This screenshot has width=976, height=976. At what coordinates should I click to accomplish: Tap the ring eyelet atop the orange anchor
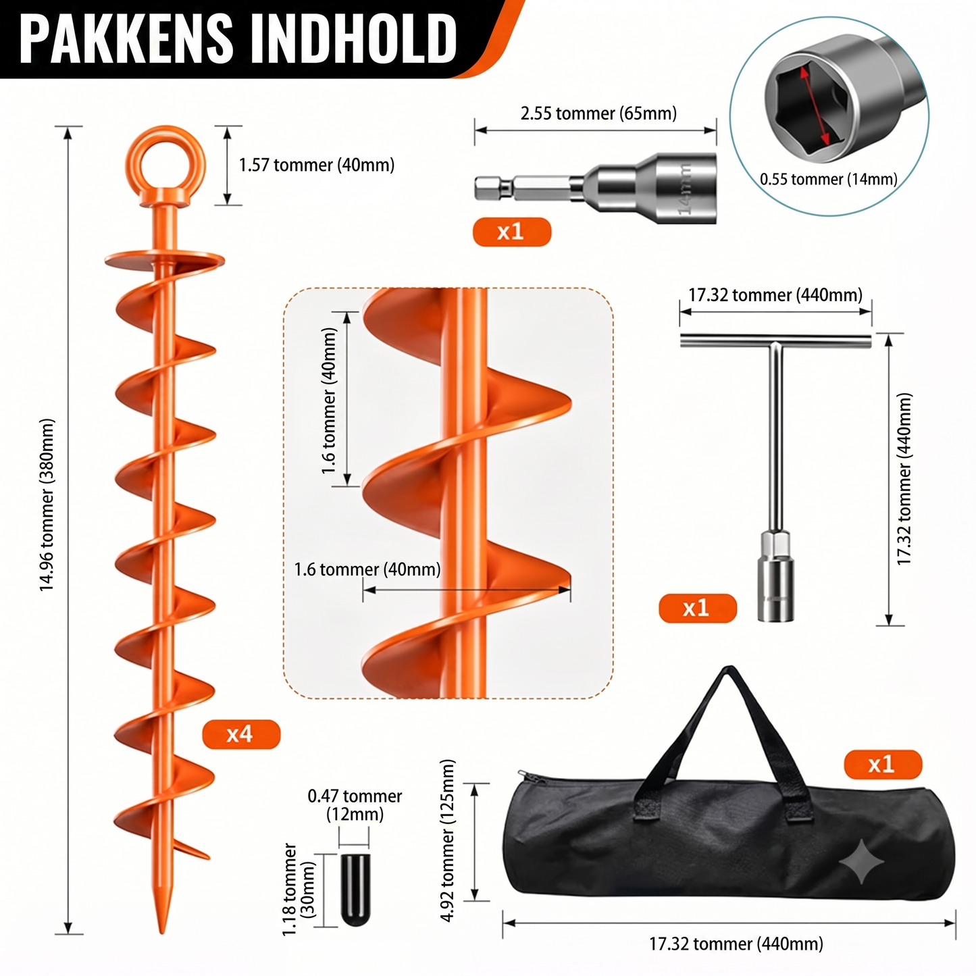(165, 147)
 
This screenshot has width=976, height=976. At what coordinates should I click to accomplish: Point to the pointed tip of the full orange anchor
(162, 933)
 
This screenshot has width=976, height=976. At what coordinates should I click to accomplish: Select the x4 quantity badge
(241, 734)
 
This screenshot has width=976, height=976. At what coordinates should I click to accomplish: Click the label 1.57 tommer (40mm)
(317, 165)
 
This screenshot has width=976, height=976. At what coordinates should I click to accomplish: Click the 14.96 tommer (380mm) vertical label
(47, 505)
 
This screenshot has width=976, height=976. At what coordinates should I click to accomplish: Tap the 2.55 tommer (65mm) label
(598, 113)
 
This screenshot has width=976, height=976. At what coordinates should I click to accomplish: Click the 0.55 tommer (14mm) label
(828, 179)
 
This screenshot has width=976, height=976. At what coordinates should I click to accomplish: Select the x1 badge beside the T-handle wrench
(698, 608)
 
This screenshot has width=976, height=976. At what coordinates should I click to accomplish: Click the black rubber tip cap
(355, 890)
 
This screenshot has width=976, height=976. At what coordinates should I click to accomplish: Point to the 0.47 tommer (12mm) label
(355, 805)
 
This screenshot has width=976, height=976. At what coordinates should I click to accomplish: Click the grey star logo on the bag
(861, 861)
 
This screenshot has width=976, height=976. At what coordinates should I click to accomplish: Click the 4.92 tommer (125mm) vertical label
(448, 840)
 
